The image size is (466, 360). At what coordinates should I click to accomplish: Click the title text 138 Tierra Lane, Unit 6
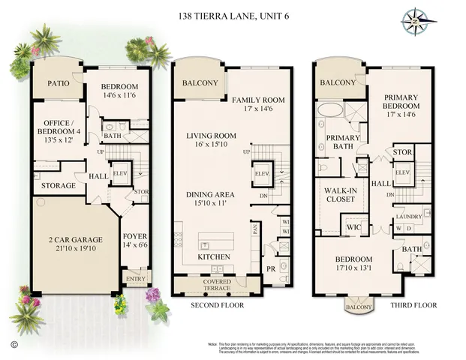coord(232,15)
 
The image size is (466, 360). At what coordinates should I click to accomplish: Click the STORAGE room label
coord(59,185)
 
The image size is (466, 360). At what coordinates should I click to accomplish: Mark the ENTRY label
coord(137,278)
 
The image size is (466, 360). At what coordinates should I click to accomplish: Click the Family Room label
coord(258,100)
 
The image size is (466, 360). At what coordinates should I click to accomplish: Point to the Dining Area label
coord(211,194)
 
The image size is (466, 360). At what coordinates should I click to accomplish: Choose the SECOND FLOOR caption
coord(217,306)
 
